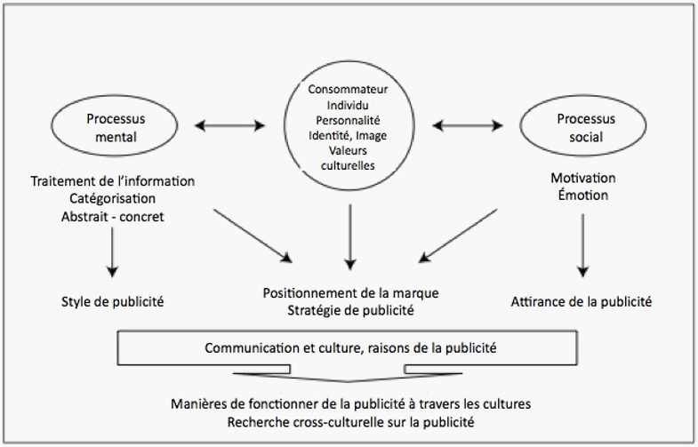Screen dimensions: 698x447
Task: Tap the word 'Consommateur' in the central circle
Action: (x=348, y=90)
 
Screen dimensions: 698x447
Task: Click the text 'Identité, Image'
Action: (x=348, y=135)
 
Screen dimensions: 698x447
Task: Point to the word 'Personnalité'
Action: (x=348, y=121)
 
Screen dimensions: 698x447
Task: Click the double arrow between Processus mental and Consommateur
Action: (x=229, y=126)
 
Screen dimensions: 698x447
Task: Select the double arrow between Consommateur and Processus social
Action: (x=468, y=126)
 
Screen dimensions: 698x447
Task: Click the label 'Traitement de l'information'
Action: (x=113, y=181)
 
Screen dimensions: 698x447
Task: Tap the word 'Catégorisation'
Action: (x=113, y=198)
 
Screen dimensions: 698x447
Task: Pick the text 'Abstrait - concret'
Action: (x=113, y=217)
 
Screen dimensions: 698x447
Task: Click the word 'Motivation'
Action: (x=583, y=178)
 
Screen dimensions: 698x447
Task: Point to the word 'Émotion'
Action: (x=583, y=195)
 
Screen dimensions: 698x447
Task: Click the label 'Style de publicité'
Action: (x=113, y=301)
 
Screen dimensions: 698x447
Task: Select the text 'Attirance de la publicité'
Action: (x=581, y=301)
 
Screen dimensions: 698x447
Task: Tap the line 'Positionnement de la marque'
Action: (x=351, y=293)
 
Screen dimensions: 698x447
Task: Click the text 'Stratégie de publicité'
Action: (x=351, y=310)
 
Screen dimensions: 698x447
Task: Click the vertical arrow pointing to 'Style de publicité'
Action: (x=112, y=252)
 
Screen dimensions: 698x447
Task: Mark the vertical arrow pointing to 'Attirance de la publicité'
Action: (x=582, y=245)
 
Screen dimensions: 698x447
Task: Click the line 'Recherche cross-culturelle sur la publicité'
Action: (x=351, y=421)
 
